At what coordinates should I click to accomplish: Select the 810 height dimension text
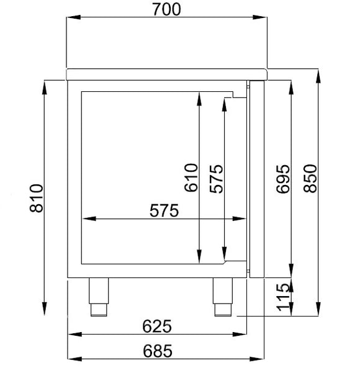[x=37, y=198]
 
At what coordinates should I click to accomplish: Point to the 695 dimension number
[x=283, y=178]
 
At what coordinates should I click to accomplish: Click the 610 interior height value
[x=191, y=178]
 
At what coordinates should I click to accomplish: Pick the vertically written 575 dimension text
[x=215, y=178]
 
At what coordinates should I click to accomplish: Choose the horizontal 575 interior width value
[x=164, y=210]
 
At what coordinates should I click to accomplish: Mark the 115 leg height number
[x=283, y=297]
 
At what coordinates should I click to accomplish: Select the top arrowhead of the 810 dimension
[x=45, y=85]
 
